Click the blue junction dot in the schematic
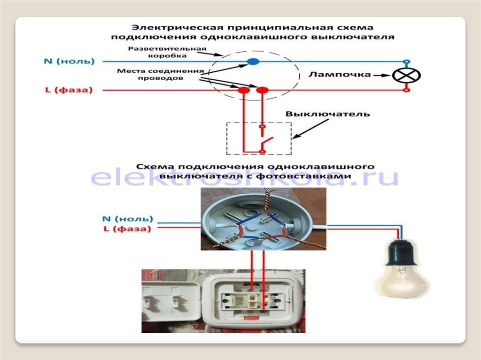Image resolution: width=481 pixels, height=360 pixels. point(253,61)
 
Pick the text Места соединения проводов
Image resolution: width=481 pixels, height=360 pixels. point(161,75)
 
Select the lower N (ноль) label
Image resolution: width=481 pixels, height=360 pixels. point(128,219)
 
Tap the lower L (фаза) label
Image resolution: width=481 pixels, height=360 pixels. point(127,230)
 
